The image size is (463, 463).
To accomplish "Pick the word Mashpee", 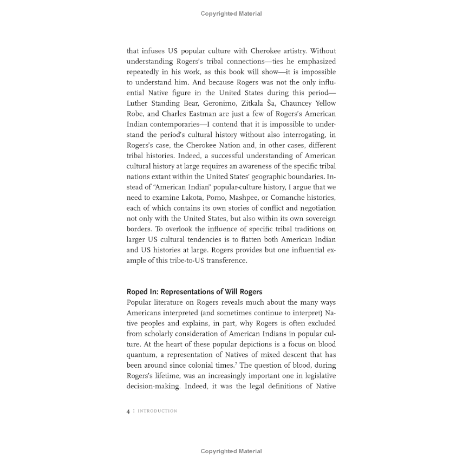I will tap(249, 198).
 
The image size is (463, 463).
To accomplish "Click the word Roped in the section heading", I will tap(136, 292).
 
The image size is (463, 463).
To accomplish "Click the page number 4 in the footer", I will tap(128, 411).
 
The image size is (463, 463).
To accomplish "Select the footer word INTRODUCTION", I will tap(158, 411).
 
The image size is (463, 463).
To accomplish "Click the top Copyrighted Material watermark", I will tap(231, 14).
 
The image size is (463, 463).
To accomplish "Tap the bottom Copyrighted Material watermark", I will tap(231, 451).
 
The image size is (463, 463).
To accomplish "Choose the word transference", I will tap(220, 260).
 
